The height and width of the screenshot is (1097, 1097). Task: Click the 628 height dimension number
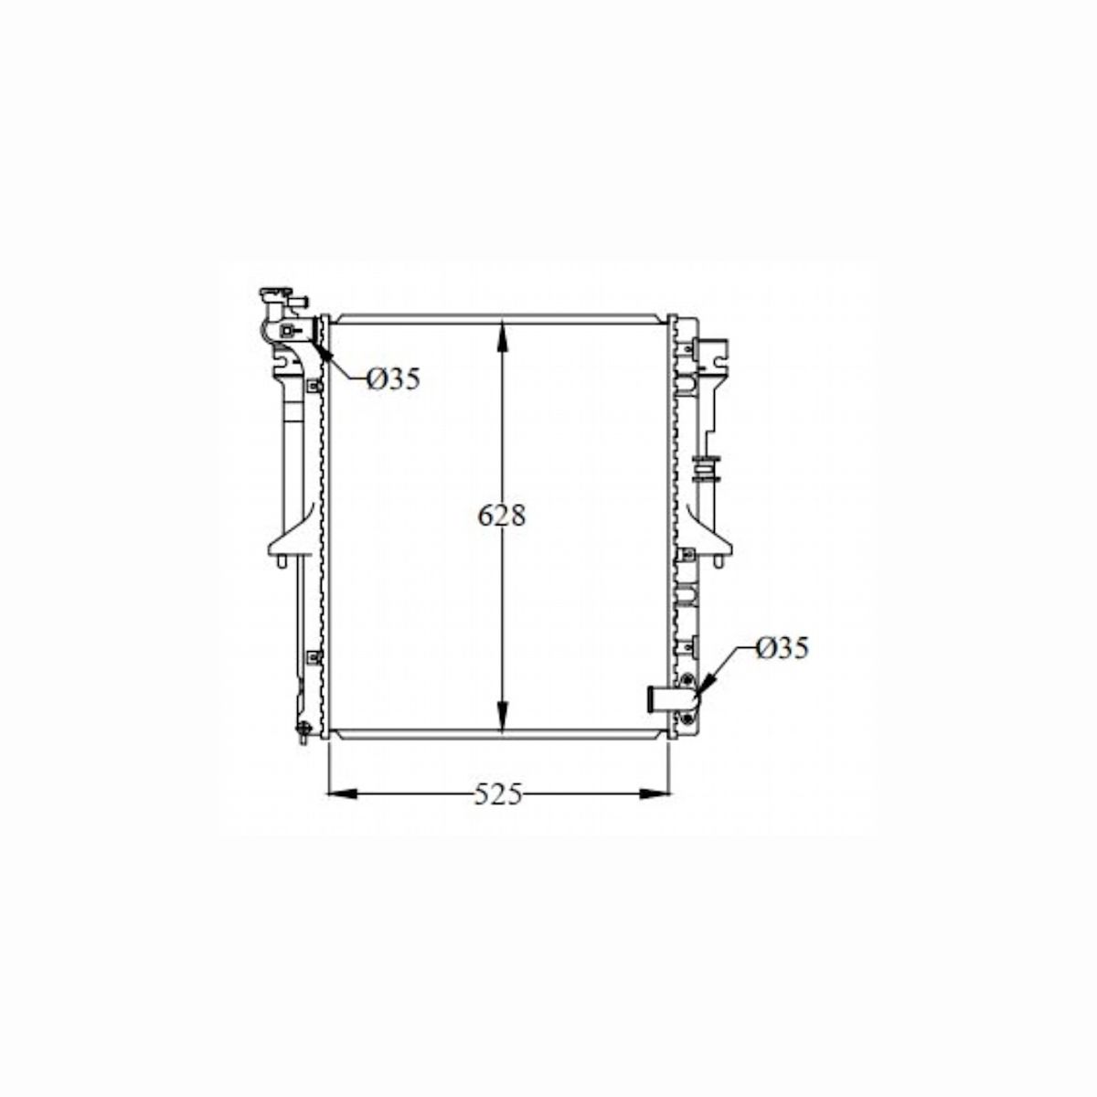[502, 516]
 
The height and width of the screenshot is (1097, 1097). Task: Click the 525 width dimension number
[497, 795]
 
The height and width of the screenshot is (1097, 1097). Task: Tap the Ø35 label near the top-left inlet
[394, 378]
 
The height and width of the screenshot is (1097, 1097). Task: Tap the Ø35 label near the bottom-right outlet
[783, 648]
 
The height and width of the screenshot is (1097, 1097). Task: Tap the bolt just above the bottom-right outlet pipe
[687, 679]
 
